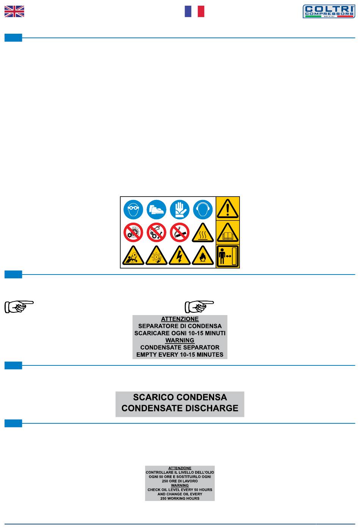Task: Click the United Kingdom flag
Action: [14, 11]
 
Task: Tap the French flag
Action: [194, 11]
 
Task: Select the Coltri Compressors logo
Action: [329, 11]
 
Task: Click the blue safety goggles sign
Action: [133, 209]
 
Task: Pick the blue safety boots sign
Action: [156, 209]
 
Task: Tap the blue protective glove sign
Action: [179, 209]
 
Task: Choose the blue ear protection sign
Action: [203, 209]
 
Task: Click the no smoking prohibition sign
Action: [179, 233]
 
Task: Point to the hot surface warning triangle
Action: [203, 233]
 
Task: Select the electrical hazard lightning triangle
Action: [179, 256]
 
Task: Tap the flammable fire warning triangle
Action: [203, 256]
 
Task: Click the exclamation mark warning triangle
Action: [228, 209]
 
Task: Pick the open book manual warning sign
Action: [228, 233]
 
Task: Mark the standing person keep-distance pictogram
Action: [228, 256]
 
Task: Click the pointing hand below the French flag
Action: [199, 307]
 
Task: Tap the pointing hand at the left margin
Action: [19, 307]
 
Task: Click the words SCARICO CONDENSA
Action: [180, 397]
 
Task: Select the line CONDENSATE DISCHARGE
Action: [180, 408]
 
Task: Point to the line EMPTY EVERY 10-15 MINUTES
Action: [180, 354]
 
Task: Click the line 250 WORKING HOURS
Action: [180, 498]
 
